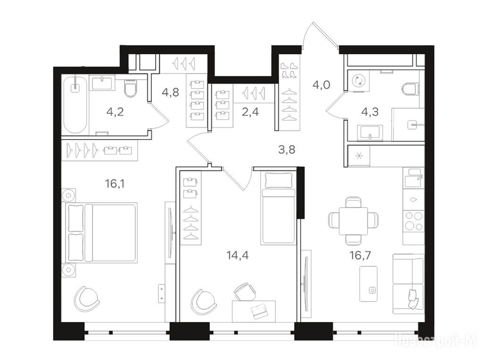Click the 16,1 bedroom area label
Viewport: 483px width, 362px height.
[115, 184]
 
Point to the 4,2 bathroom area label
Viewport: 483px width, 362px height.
[115, 111]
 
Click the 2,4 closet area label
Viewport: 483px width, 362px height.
[250, 111]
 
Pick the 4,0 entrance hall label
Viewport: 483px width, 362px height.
[321, 84]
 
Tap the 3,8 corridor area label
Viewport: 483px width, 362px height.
[287, 149]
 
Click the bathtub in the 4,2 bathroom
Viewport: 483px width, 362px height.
[75, 104]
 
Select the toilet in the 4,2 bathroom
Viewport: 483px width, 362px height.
[130, 88]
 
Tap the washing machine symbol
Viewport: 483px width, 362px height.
[359, 80]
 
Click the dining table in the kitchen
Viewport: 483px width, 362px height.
[353, 221]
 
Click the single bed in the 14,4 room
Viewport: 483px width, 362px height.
[278, 208]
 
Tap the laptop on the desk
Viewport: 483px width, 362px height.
[259, 311]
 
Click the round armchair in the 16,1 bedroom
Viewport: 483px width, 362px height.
[87, 298]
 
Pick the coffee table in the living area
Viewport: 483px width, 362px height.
[368, 284]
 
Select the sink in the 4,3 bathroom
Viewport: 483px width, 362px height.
[370, 132]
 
